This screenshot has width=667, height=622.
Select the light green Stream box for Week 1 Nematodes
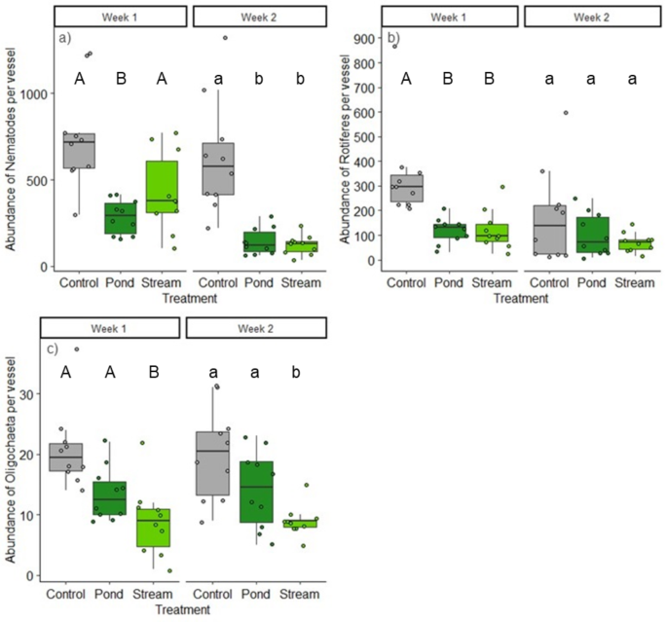coord(164,186)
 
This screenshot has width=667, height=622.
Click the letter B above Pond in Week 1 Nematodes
coord(119,79)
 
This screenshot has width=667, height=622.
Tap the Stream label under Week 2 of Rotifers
coord(638,285)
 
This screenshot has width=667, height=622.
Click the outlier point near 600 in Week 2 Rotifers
coord(566,113)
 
